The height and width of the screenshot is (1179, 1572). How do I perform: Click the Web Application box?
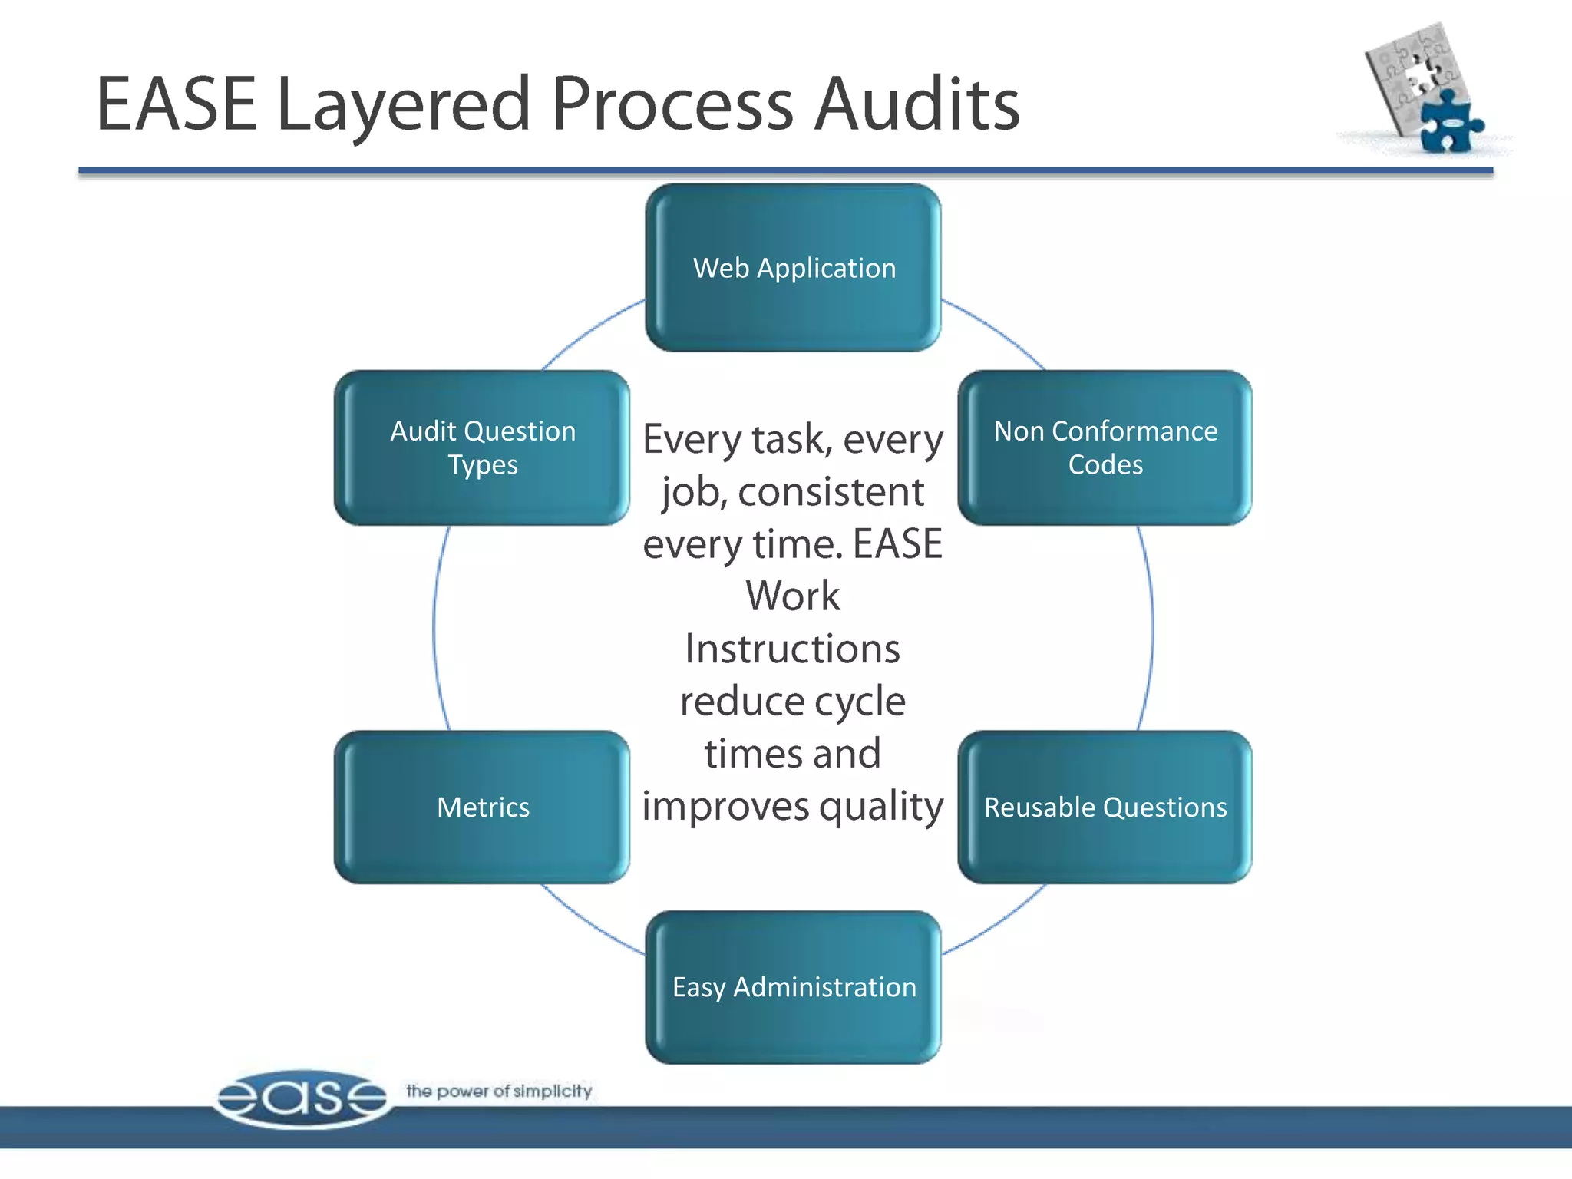pos(793,268)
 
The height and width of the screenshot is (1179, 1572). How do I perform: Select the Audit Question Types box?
pos(482,447)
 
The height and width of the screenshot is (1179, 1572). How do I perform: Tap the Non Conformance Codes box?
pos(1105,447)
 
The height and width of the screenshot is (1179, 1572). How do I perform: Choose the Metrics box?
pos(482,807)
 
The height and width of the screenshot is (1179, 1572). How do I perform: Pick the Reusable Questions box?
pos(1105,807)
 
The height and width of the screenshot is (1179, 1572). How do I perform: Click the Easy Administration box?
pos(793,987)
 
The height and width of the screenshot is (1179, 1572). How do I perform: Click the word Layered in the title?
pos(403,106)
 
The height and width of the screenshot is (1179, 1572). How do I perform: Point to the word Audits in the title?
pos(916,104)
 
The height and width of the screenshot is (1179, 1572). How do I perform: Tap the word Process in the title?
pos(672,104)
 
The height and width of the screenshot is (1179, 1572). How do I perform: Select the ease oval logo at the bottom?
pos(302,1098)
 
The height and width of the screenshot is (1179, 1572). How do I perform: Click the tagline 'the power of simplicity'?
pos(499,1091)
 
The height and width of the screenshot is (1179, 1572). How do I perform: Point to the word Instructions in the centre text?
pos(792,649)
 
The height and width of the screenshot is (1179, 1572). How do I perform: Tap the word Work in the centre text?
pos(792,596)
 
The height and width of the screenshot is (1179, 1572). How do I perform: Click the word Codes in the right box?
pos(1105,465)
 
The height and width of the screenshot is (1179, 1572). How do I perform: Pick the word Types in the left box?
pos(482,465)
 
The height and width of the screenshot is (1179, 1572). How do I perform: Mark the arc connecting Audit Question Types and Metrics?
pos(434,628)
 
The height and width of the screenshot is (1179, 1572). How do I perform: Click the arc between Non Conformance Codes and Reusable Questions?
pos(1152,628)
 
